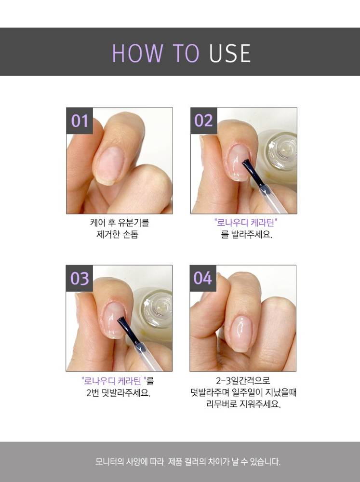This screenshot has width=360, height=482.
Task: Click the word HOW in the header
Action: pos(137,54)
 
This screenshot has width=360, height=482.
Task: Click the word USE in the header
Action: pos(230,54)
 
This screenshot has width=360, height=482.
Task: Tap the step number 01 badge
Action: pos(80,121)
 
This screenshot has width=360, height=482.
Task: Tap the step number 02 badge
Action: pos(203,121)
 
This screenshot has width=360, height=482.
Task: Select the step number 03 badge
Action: pos(80,279)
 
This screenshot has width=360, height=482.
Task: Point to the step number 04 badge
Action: pos(203,279)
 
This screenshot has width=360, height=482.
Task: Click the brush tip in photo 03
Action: pos(121,320)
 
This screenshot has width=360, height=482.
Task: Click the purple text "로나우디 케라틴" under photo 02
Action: pos(246,222)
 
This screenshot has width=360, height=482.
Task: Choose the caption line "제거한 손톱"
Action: pos(118,235)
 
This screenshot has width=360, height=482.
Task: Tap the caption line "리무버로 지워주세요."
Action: pos(243,404)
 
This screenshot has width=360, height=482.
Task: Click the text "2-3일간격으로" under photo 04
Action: pos(243,381)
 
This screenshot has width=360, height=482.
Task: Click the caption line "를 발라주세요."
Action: pos(247,235)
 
